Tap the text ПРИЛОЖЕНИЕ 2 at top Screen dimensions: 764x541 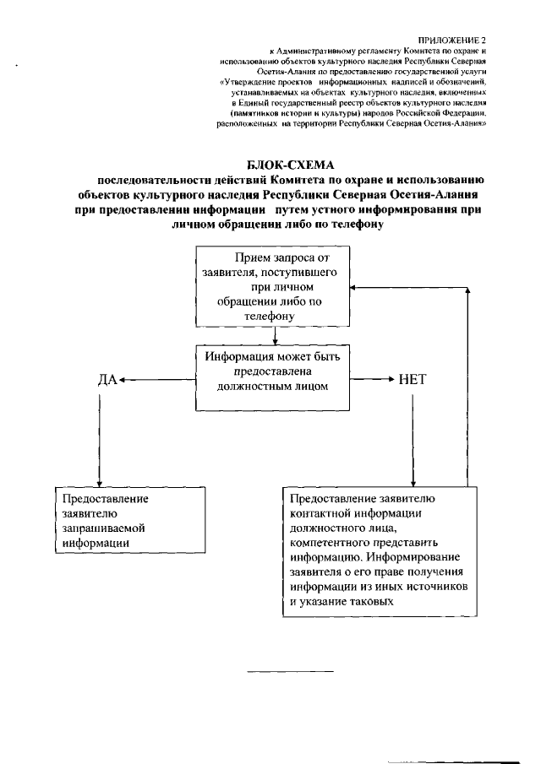[453, 40]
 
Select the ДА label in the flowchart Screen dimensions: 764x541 [107, 380]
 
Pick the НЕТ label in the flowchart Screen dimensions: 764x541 [411, 380]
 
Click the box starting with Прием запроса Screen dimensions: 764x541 [273, 287]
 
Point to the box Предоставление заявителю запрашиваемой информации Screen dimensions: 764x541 [130, 521]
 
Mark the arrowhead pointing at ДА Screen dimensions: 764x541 [123, 381]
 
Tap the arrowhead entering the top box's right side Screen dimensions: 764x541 [353, 288]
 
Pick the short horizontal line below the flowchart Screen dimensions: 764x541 [290, 673]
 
